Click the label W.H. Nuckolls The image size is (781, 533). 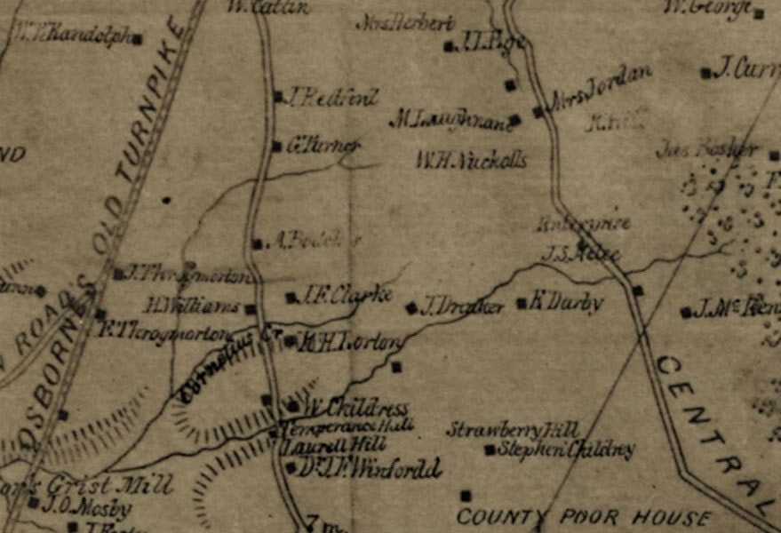point(471,160)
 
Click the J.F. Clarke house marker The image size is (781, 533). point(291,298)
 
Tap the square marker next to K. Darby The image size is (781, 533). point(522,303)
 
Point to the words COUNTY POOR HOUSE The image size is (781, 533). point(583,517)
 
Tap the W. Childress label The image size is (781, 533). point(357,409)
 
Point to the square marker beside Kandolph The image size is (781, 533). point(138,38)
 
